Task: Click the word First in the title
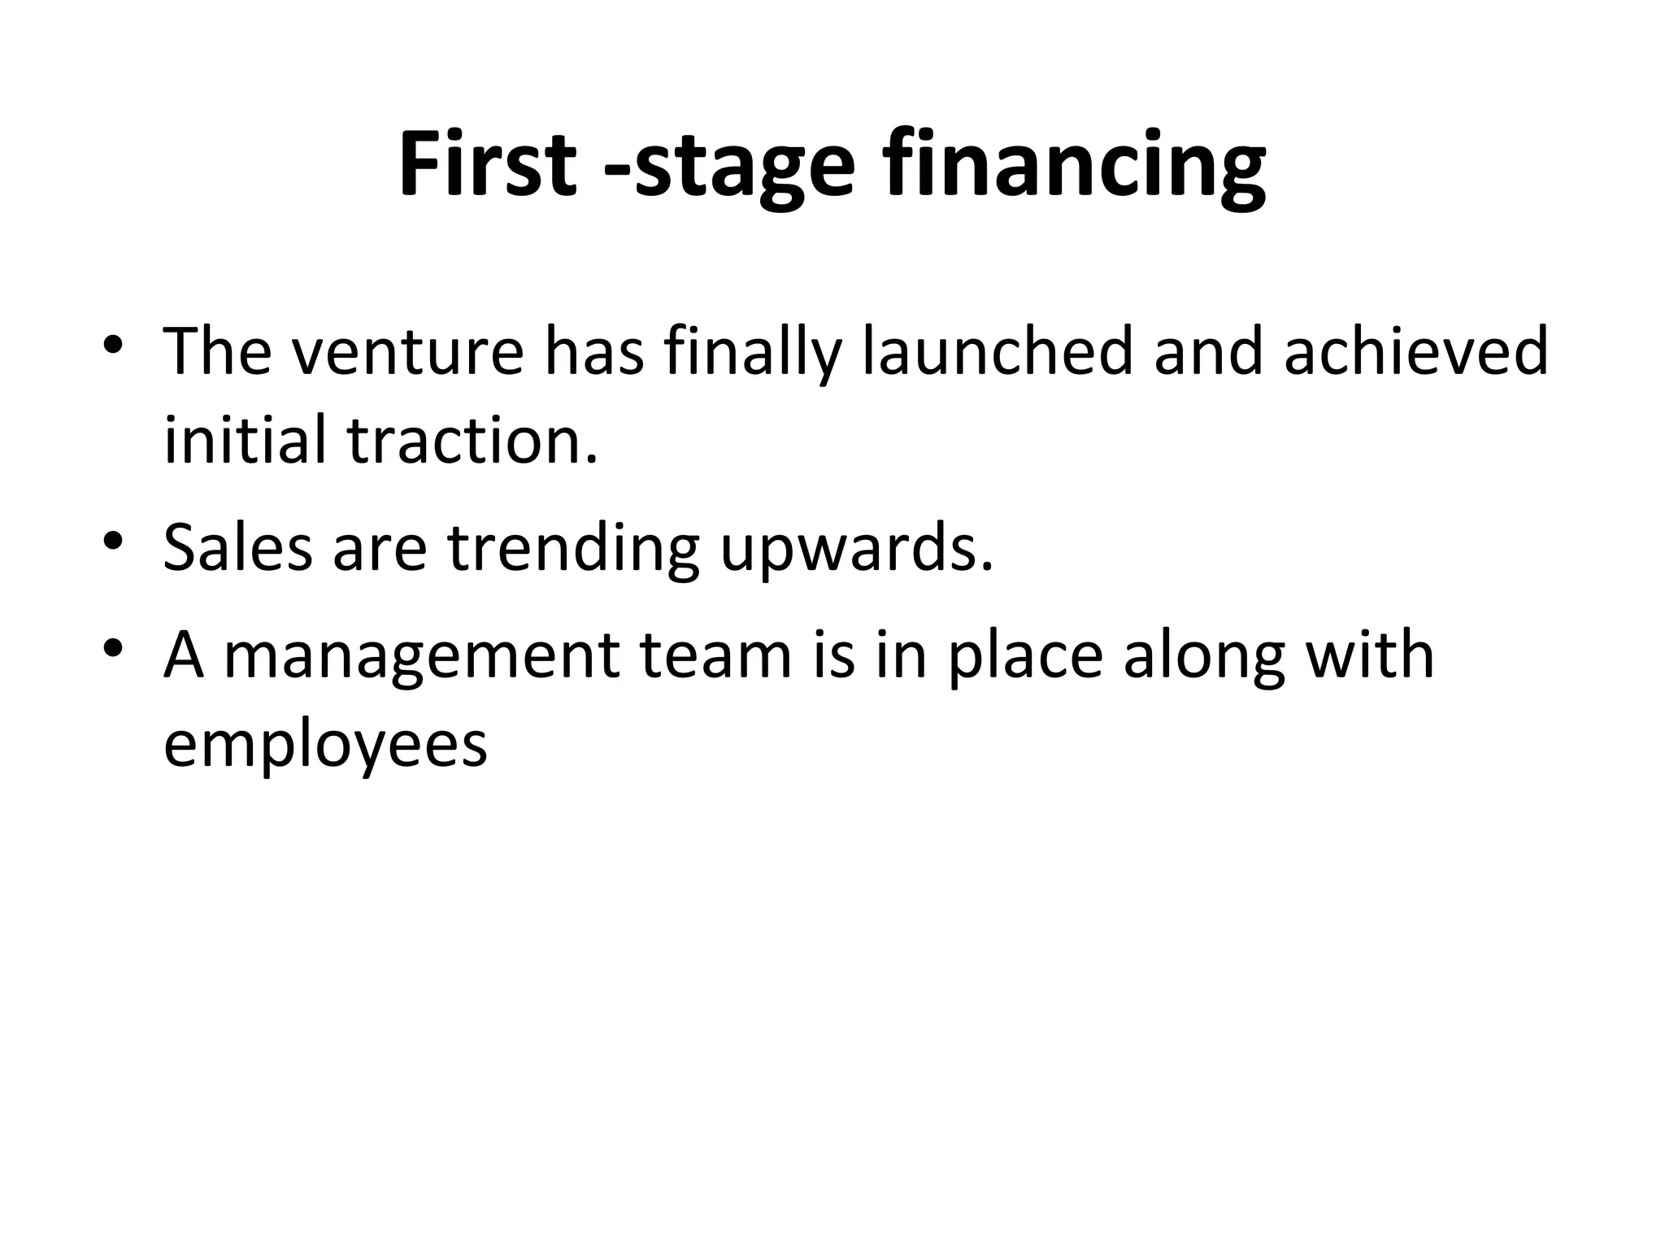click(487, 165)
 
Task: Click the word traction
click(472, 440)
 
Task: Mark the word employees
click(325, 746)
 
